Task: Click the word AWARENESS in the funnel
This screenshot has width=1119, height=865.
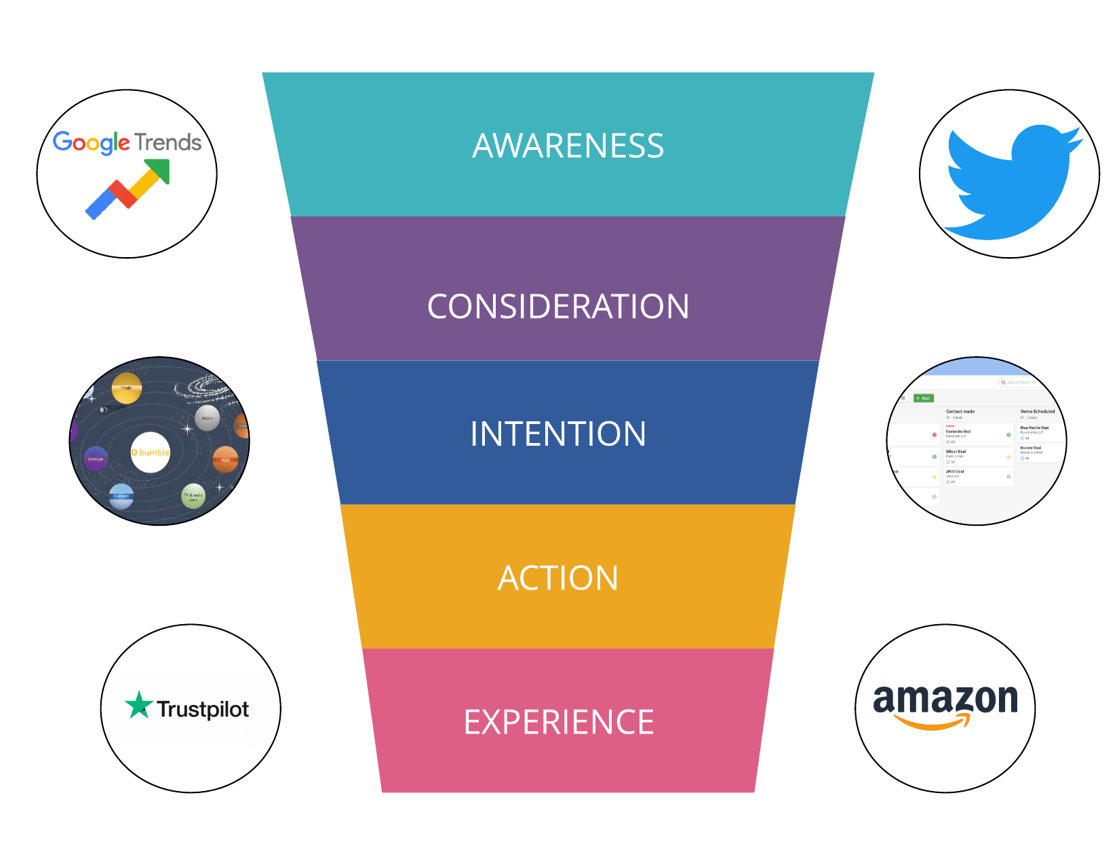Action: [x=568, y=146]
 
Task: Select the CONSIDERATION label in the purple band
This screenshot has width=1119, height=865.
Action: [x=558, y=307]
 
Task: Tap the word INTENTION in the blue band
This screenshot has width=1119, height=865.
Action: [x=558, y=434]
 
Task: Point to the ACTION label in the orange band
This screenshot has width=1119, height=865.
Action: [x=558, y=578]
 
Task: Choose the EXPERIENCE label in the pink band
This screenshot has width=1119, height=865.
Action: [x=559, y=722]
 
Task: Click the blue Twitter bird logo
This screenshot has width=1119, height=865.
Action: [x=1010, y=180]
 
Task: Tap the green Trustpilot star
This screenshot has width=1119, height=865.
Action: [x=139, y=706]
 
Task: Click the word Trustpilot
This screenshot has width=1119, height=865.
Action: [x=203, y=710]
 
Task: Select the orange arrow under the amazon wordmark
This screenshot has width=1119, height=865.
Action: [x=932, y=723]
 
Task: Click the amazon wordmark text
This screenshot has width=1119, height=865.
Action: [x=945, y=698]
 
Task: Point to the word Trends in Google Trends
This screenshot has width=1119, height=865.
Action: [x=168, y=142]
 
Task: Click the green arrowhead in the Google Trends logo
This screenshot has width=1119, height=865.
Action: [x=158, y=170]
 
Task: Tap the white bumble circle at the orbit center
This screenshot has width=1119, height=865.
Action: [x=151, y=453]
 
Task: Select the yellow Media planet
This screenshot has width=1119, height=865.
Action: [x=127, y=388]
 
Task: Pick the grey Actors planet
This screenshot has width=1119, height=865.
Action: [x=207, y=418]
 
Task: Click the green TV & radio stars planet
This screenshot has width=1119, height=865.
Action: [x=193, y=496]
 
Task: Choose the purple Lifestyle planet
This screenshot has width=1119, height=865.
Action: [x=96, y=459]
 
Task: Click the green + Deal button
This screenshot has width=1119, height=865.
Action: [x=924, y=398]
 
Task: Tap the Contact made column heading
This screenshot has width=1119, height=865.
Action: [x=960, y=411]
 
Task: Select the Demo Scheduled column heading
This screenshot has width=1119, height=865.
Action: [x=1038, y=411]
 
